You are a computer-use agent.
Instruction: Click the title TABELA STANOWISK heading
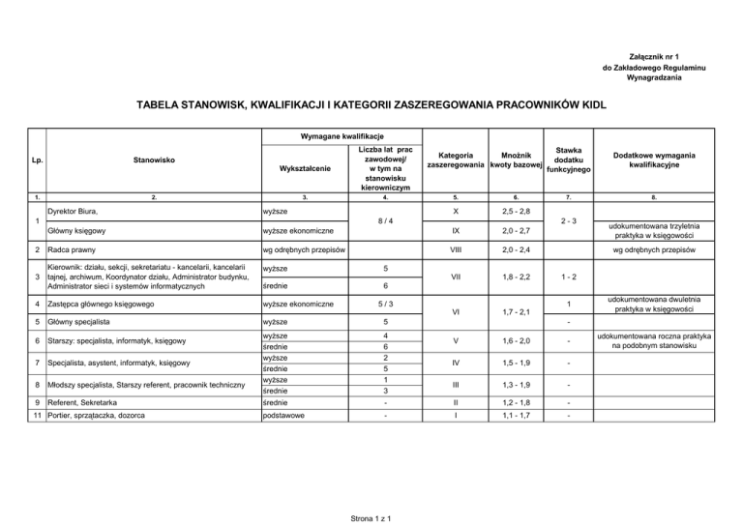click(371, 102)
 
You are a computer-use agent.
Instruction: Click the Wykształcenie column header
click(303, 168)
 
